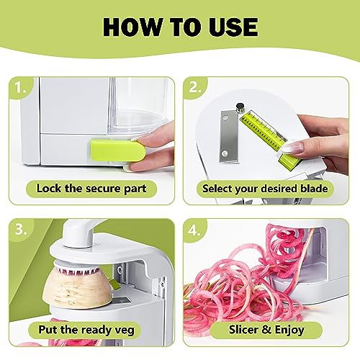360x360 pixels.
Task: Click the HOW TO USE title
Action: click(x=180, y=27)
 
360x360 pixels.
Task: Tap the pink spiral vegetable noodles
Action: click(x=245, y=288)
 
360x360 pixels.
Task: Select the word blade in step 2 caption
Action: click(x=314, y=189)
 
